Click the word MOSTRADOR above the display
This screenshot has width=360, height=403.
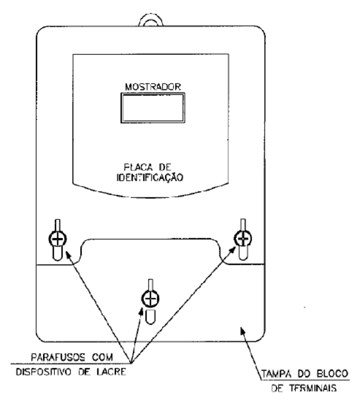click(153, 87)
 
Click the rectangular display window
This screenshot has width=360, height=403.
click(153, 108)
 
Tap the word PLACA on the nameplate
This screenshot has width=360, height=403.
click(138, 168)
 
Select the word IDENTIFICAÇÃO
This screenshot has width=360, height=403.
click(150, 178)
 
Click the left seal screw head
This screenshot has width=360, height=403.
click(57, 239)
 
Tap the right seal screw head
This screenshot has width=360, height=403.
click(243, 239)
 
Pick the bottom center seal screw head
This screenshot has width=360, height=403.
click(151, 299)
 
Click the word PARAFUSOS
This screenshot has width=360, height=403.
click(58, 357)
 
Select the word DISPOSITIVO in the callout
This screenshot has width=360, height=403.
click(44, 372)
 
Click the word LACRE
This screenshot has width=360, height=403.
click(111, 372)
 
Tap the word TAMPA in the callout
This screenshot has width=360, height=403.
click(277, 374)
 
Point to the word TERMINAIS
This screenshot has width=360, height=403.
click(313, 388)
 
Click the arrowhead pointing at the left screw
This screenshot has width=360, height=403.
click(69, 256)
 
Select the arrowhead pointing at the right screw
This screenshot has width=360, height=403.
click(232, 250)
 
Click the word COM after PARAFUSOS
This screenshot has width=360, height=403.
click(103, 357)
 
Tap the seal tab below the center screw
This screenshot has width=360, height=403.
click(151, 317)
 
